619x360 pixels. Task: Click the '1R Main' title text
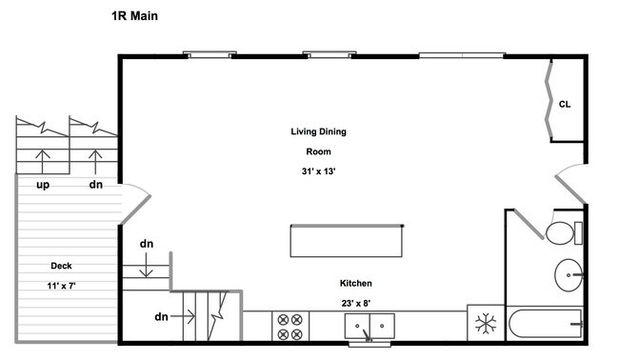click(134, 16)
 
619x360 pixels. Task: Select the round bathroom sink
click(569, 275)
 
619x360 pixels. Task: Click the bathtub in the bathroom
click(546, 324)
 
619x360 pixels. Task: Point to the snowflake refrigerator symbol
click(486, 323)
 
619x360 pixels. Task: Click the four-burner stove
click(290, 327)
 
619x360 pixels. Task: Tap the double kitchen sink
click(369, 326)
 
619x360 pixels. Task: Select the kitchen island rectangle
click(347, 241)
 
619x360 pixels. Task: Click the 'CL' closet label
click(565, 104)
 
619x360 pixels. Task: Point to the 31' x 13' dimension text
click(319, 171)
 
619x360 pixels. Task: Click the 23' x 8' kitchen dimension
click(356, 303)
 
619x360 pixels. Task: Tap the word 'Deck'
click(61, 266)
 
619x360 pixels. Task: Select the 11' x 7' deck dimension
click(61, 286)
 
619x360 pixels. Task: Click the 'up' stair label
click(43, 185)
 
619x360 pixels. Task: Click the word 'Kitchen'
click(356, 283)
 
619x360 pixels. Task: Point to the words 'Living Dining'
click(319, 131)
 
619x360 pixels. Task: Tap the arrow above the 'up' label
click(43, 161)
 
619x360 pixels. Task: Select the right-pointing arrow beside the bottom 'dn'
click(183, 316)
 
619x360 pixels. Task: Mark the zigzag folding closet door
click(549, 99)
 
